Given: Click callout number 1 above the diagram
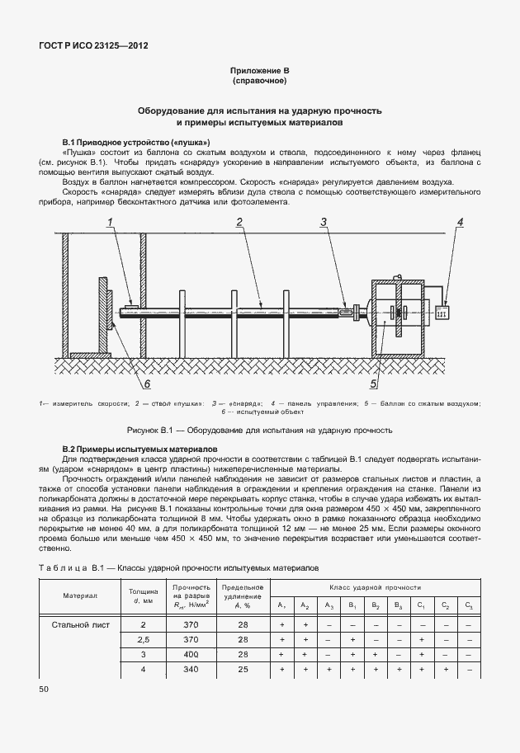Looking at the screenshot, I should [109, 222].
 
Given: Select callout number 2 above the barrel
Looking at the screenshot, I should [239, 222].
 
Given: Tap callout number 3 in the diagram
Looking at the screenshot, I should [324, 222].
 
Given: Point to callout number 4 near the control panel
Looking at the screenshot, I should [461, 222].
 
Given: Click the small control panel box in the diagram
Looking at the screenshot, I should [441, 313].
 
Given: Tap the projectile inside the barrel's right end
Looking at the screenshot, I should [344, 311].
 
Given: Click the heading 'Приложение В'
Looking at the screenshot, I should [259, 72].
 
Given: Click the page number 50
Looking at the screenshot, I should [44, 688].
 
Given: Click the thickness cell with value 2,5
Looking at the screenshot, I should [144, 639].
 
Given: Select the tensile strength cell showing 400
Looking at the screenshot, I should [191, 654].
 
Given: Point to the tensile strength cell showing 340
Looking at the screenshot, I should [191, 669].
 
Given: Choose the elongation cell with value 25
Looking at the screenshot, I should [243, 669].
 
